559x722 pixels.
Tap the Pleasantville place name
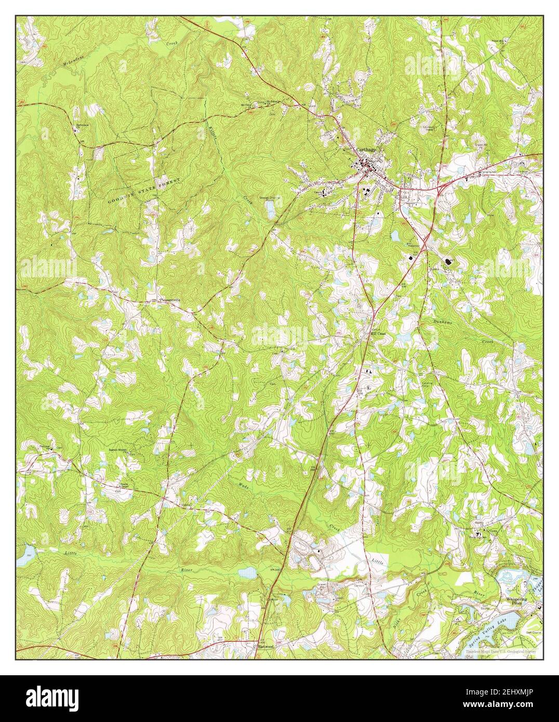pos(174,300)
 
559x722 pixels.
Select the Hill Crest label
pos(378,333)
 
